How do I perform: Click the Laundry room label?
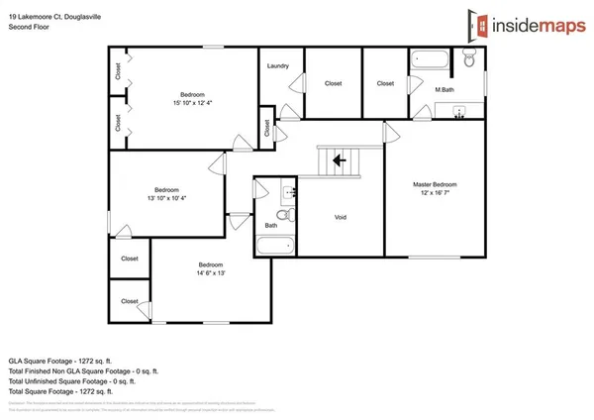278,66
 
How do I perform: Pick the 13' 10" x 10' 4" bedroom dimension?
166,199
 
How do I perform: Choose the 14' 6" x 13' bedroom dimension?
210,274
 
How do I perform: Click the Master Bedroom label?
435,185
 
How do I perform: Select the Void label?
340,217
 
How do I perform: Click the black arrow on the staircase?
339,159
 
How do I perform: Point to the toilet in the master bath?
470,62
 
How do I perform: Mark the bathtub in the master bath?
429,60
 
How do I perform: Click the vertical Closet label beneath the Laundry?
266,128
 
